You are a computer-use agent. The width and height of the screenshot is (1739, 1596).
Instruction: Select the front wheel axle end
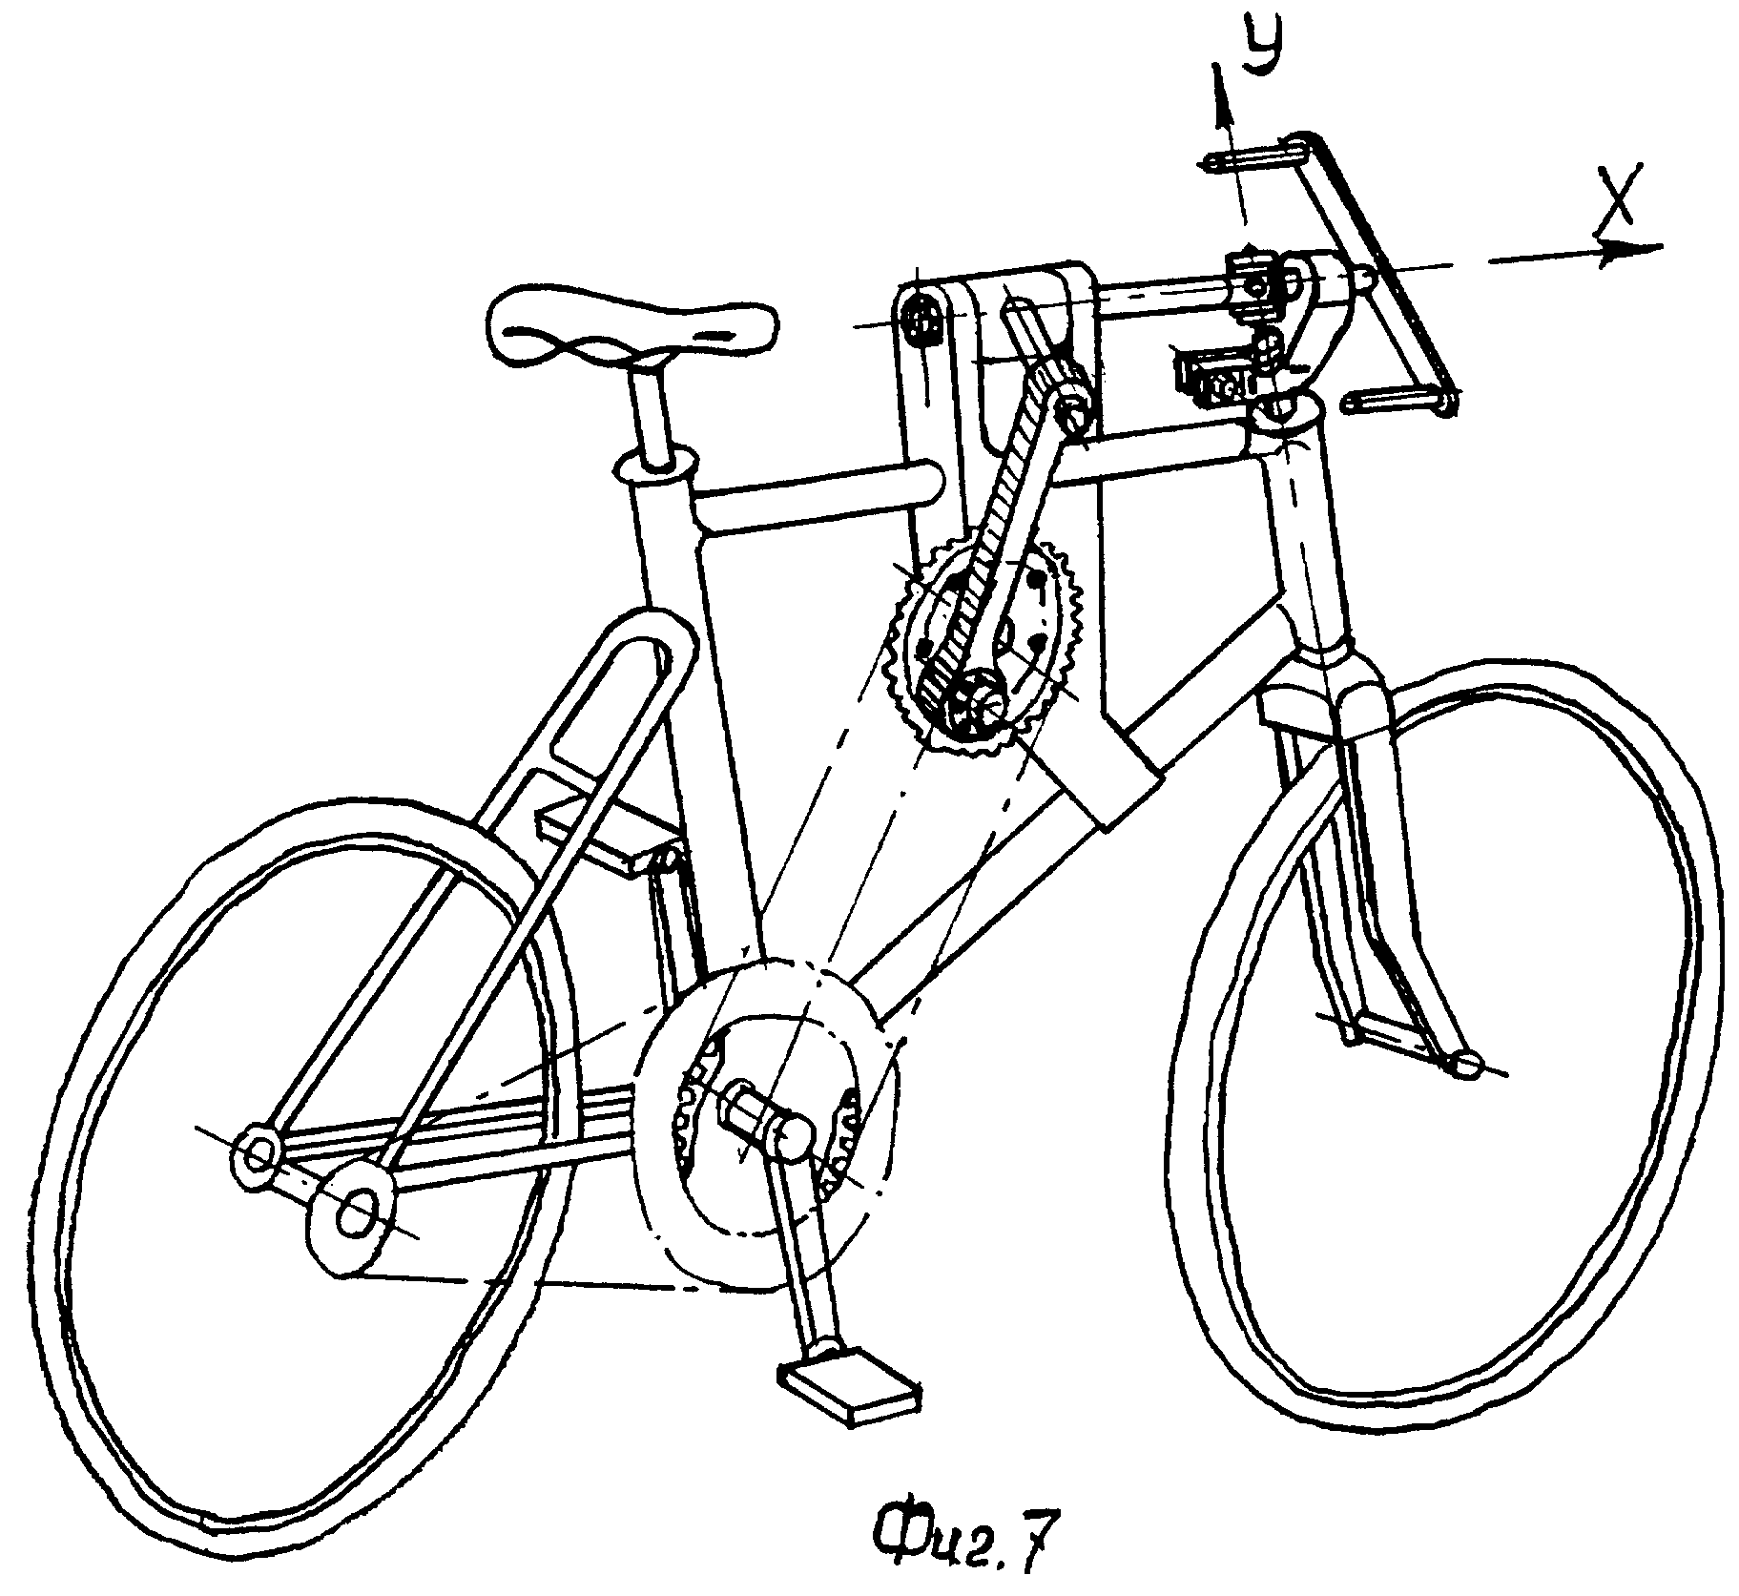coord(1464,1064)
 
